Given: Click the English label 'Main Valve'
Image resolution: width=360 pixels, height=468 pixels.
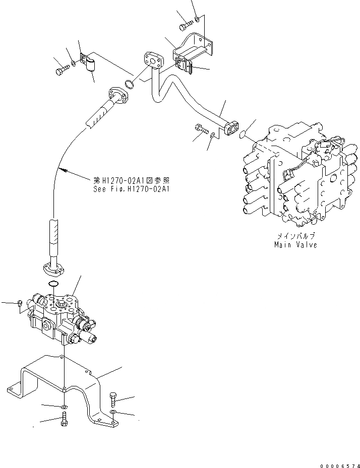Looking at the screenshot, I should click(295, 245).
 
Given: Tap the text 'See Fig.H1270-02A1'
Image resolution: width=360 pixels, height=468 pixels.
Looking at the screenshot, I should click(131, 189).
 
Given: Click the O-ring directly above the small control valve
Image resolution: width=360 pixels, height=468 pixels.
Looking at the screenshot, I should click(53, 286).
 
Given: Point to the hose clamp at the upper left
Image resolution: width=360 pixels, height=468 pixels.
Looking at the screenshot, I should click(90, 64).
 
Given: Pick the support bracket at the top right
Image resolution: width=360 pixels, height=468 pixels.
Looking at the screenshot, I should click(194, 50).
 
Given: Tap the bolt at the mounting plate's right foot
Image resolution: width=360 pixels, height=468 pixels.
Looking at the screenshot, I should click(112, 399).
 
